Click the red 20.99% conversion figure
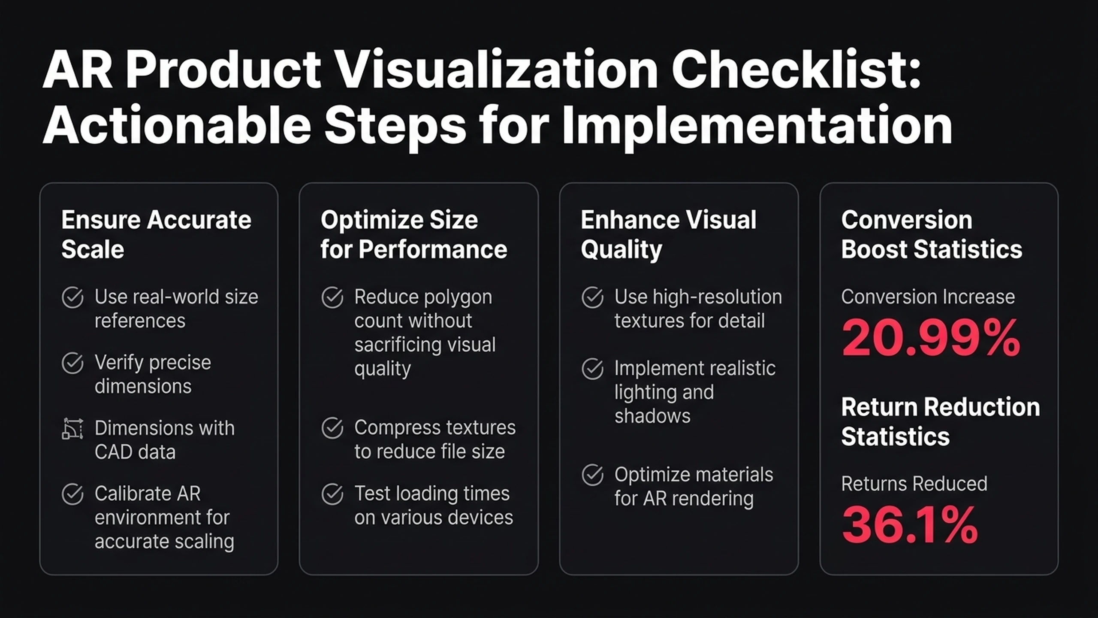[931, 338]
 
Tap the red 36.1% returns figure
[910, 525]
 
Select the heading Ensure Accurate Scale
[156, 234]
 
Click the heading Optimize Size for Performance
[414, 234]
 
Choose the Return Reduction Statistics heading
[941, 421]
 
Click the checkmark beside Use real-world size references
[72, 297]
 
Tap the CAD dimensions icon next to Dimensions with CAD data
[72, 429]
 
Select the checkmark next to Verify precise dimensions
[72, 363]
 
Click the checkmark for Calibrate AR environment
[72, 494]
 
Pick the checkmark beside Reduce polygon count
[332, 297]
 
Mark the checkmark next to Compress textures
[332, 428]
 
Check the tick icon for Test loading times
[332, 494]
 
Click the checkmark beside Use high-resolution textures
[593, 297]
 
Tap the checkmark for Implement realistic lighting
[593, 369]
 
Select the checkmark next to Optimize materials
[593, 475]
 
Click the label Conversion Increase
[928, 297]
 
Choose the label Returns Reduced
[914, 484]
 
